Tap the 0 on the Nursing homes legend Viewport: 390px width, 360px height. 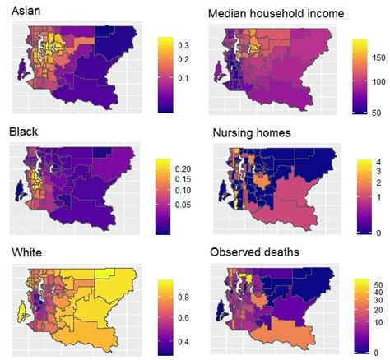point(372,233)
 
